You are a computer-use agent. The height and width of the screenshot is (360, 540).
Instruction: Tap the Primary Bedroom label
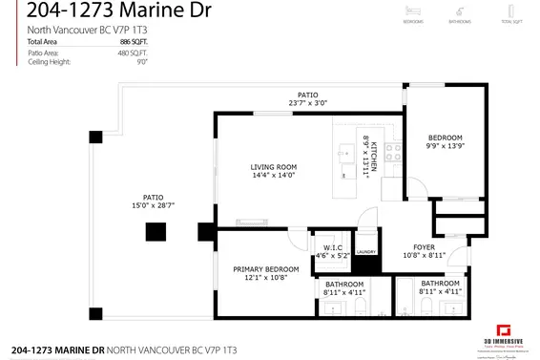(266, 269)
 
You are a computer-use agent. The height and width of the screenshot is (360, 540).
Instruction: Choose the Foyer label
(425, 246)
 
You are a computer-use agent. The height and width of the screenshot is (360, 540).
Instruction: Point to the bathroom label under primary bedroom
(343, 285)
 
